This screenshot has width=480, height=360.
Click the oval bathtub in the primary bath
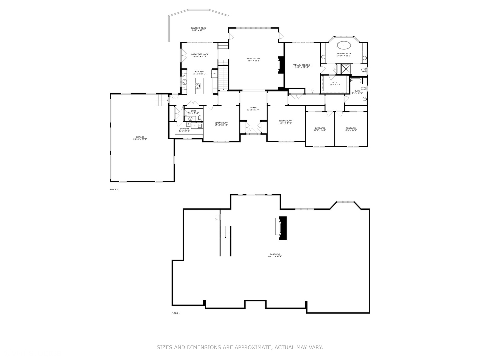343,45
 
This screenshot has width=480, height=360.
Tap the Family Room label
253,58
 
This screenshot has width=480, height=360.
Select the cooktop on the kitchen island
198,86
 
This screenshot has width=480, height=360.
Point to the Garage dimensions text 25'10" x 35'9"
140,139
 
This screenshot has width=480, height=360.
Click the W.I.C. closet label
335,82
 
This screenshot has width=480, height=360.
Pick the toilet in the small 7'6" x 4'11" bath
200,118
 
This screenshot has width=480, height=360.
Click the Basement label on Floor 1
275,254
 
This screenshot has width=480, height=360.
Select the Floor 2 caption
114,189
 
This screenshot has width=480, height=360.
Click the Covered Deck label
198,28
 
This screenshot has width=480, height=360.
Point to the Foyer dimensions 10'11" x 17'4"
253,110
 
